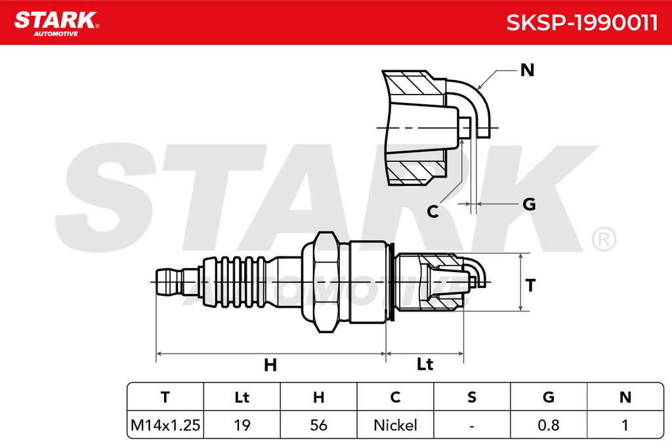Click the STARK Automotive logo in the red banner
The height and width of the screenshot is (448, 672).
[x=56, y=24]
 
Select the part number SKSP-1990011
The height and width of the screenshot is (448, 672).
[x=581, y=22]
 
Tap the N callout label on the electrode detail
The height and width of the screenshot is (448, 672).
[x=527, y=70]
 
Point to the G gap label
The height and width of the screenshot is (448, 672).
[x=530, y=204]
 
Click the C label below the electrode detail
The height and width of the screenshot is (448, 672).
[x=433, y=211]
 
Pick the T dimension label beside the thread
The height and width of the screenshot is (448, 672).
[x=530, y=285]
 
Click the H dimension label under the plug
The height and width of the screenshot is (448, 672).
[x=270, y=365]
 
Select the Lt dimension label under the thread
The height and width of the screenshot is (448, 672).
[x=425, y=364]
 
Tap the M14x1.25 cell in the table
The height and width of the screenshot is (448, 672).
[x=165, y=425]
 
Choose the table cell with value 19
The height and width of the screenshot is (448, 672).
[x=242, y=425]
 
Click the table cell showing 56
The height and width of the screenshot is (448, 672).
[x=318, y=425]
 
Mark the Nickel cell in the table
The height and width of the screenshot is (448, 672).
[x=395, y=425]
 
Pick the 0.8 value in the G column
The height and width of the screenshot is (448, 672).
[x=549, y=425]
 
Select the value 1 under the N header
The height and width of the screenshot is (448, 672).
[x=625, y=425]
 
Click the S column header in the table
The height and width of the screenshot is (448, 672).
[x=472, y=397]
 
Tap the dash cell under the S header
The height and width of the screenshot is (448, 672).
[x=472, y=426]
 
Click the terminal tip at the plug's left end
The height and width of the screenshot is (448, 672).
[x=168, y=282]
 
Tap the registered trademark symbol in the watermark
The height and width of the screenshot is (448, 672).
[x=604, y=239]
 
